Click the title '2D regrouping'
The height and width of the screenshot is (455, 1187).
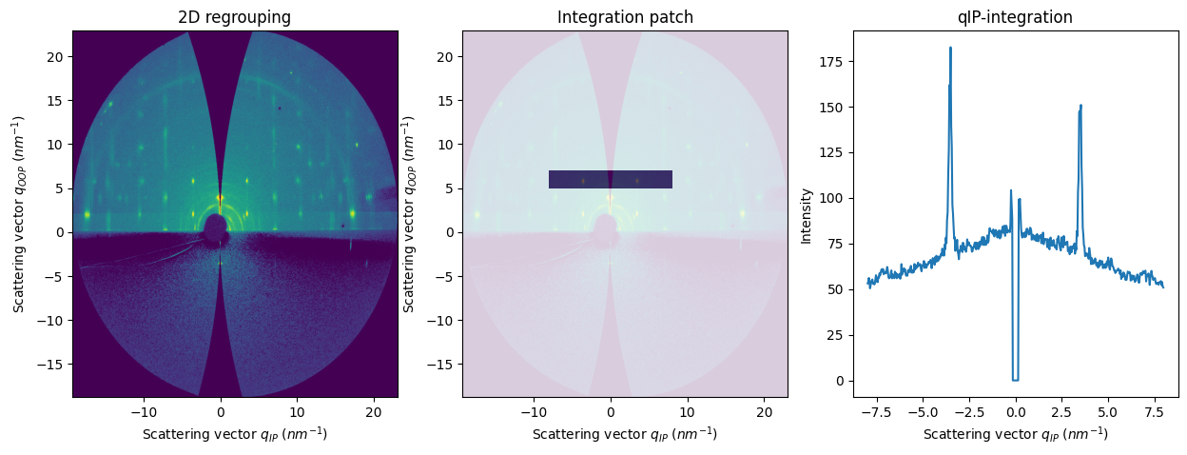click(235, 17)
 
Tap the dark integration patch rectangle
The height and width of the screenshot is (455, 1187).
click(611, 179)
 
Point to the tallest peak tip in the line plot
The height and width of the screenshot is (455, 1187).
click(950, 49)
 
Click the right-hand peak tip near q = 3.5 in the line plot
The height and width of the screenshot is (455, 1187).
click(1080, 106)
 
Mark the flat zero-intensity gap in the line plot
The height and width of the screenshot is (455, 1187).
click(1015, 380)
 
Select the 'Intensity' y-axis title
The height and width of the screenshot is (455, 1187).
click(806, 215)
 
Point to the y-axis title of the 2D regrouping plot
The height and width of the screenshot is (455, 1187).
click(18, 215)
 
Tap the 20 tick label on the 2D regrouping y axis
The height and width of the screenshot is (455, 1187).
click(56, 56)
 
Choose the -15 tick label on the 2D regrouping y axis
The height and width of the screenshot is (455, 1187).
click(52, 365)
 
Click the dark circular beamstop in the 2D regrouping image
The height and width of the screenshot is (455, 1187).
click(216, 227)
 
